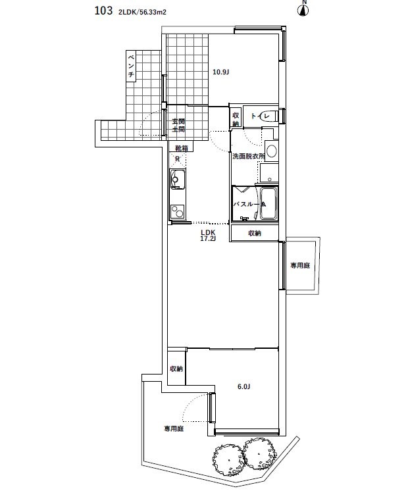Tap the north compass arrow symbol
point(304,9)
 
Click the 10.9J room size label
point(220,72)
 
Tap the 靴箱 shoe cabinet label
point(181,149)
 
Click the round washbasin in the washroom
point(272,151)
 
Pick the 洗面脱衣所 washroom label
point(247,157)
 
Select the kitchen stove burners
point(176,211)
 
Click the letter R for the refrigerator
point(177,159)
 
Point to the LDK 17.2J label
point(208,236)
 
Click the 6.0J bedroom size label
point(243,386)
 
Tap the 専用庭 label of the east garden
point(300,265)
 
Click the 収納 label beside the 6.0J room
point(176,369)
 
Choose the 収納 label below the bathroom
point(255,234)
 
